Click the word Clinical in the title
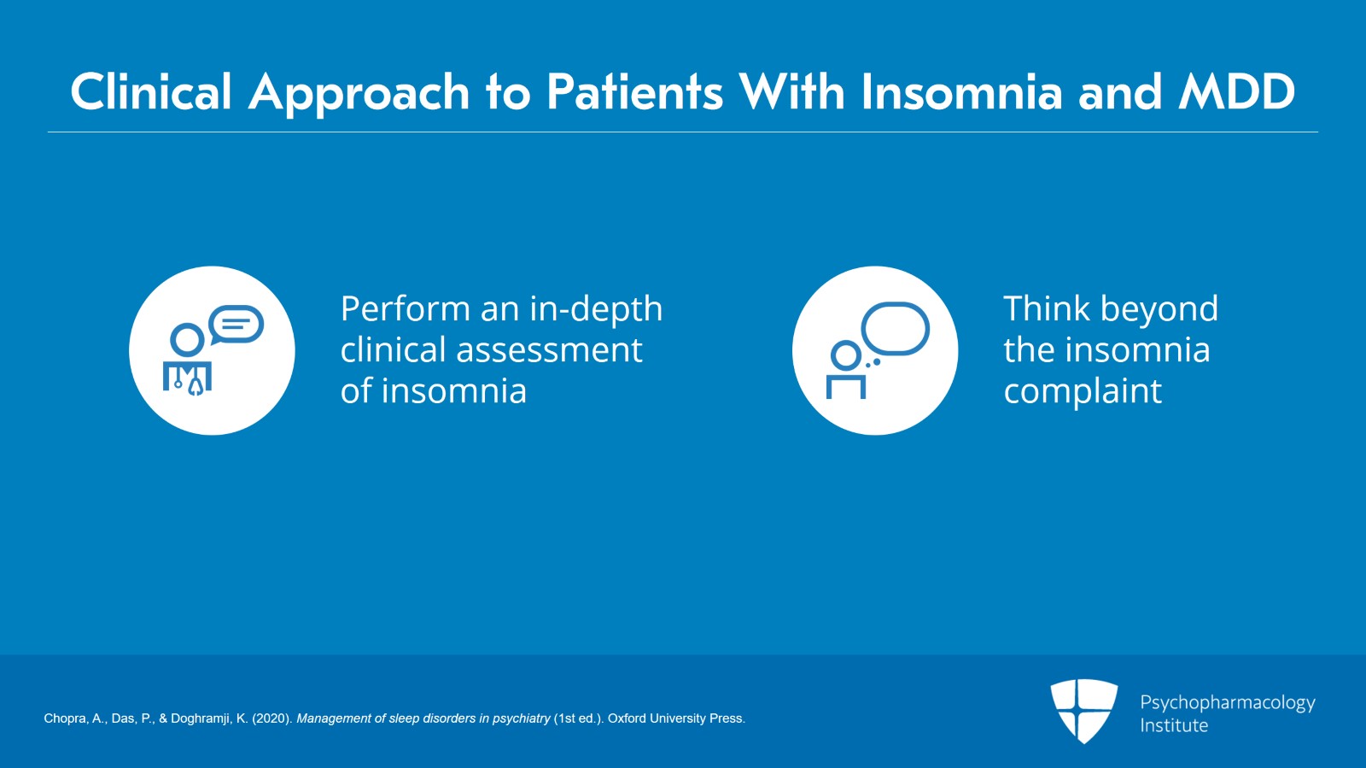(x=151, y=91)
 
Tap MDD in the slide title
(x=1236, y=91)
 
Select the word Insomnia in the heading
(x=961, y=91)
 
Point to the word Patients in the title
(x=634, y=91)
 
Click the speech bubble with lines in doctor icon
(x=236, y=325)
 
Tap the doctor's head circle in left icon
(x=187, y=340)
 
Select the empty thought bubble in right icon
(x=895, y=328)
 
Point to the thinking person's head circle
(x=846, y=355)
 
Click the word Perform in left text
(x=406, y=308)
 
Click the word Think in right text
(x=1047, y=308)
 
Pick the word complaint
(x=1082, y=392)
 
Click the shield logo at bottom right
(x=1083, y=709)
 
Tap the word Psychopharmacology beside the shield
(x=1227, y=703)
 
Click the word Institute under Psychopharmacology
(x=1174, y=725)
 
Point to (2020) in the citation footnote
(x=271, y=718)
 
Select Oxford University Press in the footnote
(x=676, y=718)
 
